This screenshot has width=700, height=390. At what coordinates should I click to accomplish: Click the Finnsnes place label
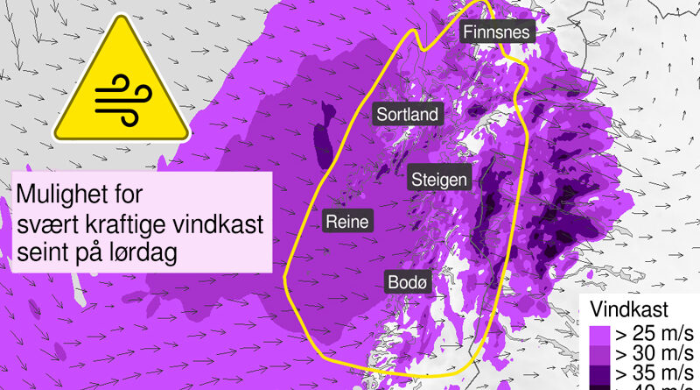[496, 32]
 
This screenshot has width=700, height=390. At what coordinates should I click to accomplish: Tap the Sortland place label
[407, 114]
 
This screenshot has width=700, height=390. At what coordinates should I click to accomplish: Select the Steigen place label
[440, 180]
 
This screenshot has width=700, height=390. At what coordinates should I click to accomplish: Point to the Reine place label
[346, 221]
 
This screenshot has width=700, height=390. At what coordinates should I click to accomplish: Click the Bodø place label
[409, 282]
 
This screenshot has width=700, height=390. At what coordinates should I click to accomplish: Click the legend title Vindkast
[630, 309]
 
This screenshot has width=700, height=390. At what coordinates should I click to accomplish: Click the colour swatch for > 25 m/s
[598, 335]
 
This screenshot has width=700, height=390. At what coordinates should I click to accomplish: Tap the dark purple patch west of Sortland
[321, 136]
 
